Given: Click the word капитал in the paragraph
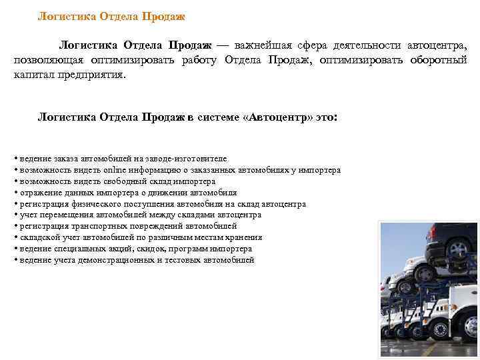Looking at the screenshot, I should coord(33,75).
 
